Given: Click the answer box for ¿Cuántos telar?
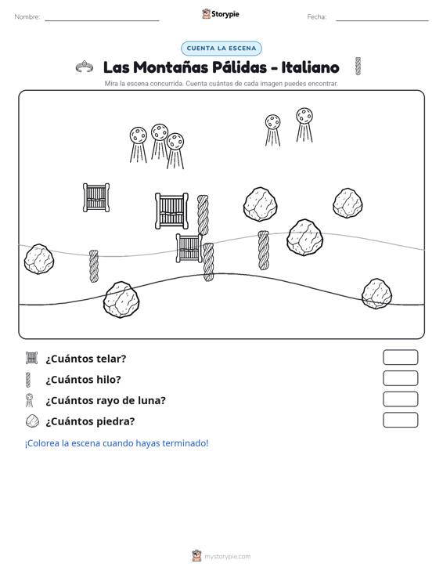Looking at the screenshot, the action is (x=400, y=357).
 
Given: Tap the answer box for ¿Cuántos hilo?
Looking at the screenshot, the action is (x=400, y=378).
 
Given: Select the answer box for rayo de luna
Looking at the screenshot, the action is (x=400, y=399).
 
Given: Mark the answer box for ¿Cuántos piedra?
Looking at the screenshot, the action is (x=400, y=420).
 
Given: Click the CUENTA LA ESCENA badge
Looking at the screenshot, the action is (x=221, y=49).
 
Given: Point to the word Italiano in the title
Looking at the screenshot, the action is (x=310, y=67).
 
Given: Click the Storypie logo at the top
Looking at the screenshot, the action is (x=221, y=14).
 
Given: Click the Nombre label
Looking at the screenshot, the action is (x=27, y=17).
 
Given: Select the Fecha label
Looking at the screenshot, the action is (x=317, y=17).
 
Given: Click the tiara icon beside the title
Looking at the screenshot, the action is (x=85, y=67).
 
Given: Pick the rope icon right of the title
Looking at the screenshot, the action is (x=358, y=67).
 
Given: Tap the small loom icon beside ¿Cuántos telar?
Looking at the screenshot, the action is (x=32, y=358).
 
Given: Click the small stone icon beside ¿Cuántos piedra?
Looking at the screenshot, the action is (x=32, y=421).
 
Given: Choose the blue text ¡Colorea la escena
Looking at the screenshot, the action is (x=59, y=443).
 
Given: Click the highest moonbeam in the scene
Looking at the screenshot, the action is (x=304, y=125).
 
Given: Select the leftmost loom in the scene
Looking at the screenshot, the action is (x=96, y=197).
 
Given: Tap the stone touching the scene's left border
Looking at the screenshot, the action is (x=39, y=259).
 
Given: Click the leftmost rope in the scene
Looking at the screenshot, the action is (x=94, y=266).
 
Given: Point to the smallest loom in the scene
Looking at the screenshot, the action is (x=189, y=248).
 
